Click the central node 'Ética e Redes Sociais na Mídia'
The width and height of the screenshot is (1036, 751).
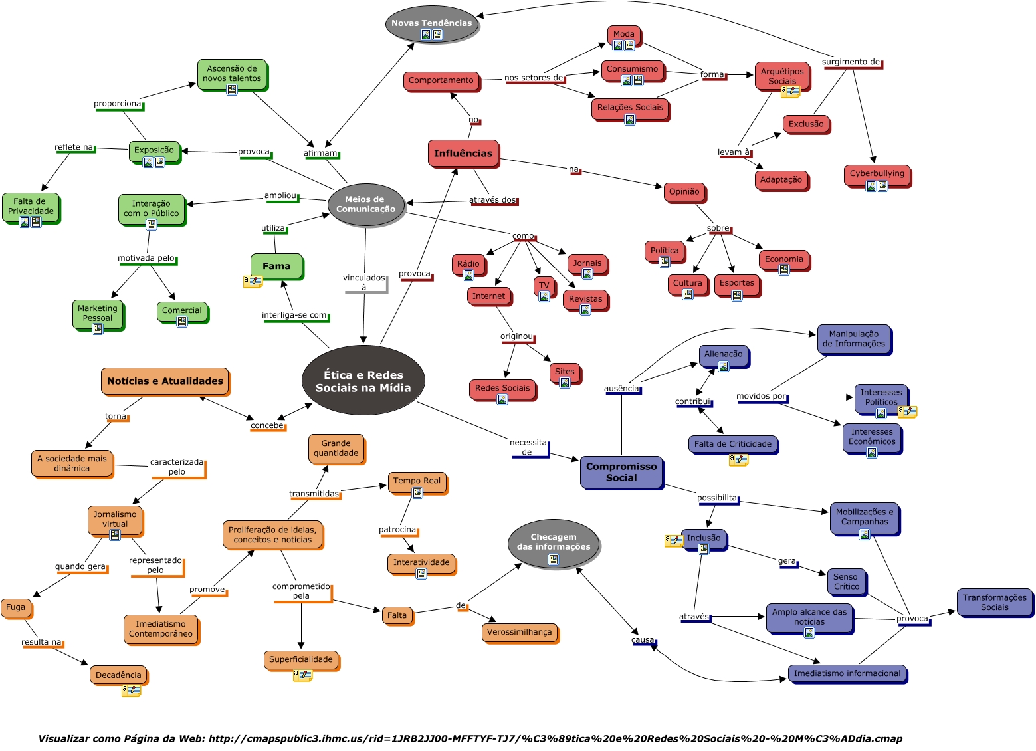(x=363, y=381)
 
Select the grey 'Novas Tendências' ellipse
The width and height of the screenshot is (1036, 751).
(x=431, y=24)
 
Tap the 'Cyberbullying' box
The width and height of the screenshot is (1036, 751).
(x=877, y=174)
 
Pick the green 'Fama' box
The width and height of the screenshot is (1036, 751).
(x=276, y=266)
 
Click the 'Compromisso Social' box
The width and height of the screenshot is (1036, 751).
(x=621, y=472)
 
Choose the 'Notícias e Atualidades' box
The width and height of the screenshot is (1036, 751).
(x=165, y=381)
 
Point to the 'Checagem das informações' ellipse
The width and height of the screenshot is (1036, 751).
(x=554, y=542)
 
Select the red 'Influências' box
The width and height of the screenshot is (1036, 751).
(x=463, y=153)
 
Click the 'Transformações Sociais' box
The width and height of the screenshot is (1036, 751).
(x=994, y=602)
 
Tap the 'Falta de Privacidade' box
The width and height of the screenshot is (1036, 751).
(x=31, y=207)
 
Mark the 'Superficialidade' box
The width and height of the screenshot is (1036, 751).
(x=300, y=659)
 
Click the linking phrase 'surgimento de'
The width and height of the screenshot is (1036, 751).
(x=851, y=62)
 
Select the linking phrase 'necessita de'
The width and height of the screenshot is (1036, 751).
(x=528, y=447)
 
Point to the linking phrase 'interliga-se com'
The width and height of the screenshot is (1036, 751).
(x=294, y=316)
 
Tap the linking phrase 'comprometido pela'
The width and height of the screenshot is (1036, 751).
(x=301, y=591)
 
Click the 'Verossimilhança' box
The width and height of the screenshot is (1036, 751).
(x=519, y=632)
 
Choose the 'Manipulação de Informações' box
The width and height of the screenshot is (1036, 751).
(x=853, y=339)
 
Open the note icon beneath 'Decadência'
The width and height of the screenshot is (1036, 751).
(x=131, y=691)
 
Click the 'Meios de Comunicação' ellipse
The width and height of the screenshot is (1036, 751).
(x=365, y=204)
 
